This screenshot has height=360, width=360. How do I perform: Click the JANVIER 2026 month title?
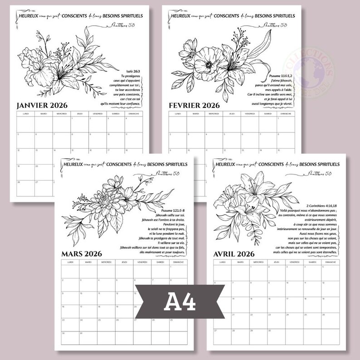click(x=42, y=106)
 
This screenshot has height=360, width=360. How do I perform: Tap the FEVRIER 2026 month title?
click(x=194, y=106)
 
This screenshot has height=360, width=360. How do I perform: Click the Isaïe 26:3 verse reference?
click(x=131, y=71)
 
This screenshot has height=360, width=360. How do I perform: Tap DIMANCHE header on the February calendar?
click(x=286, y=114)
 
